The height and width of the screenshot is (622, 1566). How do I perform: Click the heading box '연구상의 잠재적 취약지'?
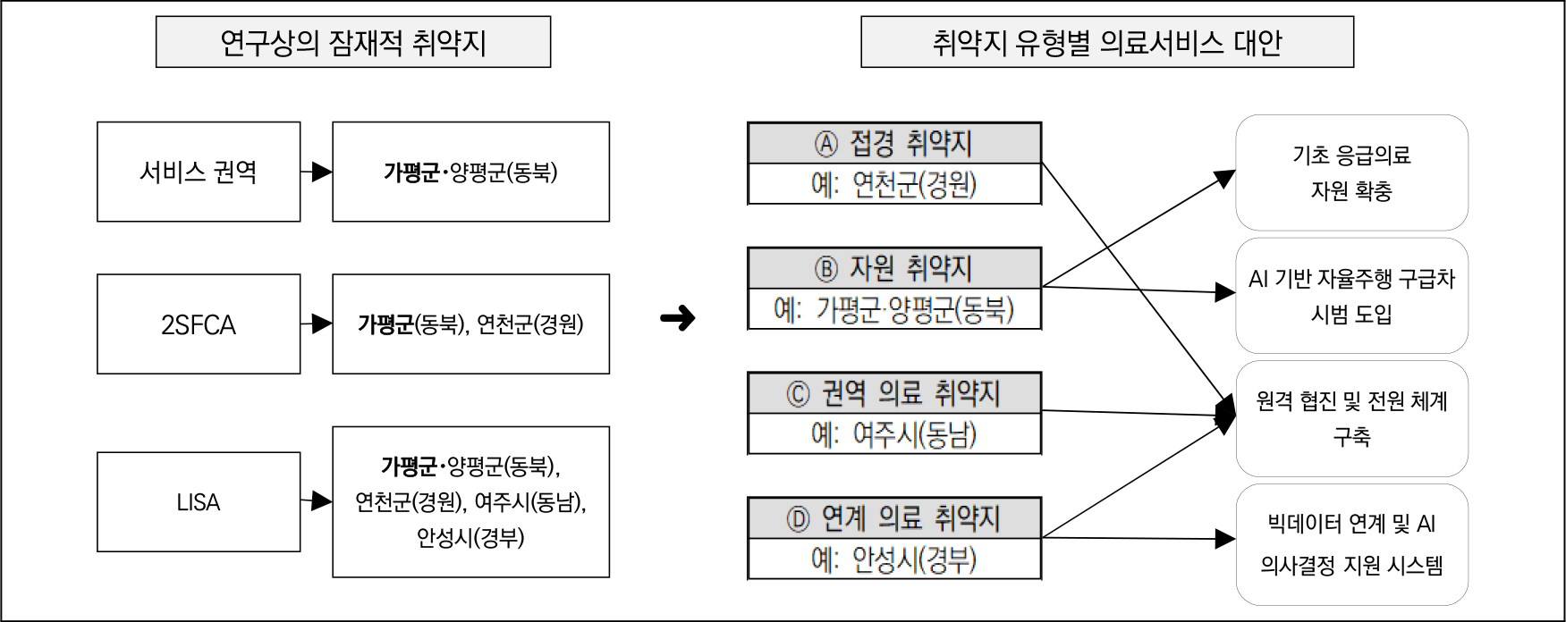pyautogui.click(x=352, y=42)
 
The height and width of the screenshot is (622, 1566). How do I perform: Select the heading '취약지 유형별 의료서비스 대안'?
pyautogui.click(x=1106, y=42)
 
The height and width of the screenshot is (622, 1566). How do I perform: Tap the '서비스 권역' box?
pyautogui.click(x=198, y=172)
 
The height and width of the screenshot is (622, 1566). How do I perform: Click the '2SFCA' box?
pyautogui.click(x=198, y=324)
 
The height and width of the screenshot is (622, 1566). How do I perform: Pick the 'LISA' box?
pyautogui.click(x=198, y=501)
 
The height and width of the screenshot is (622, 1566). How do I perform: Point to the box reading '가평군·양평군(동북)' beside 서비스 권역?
pyautogui.click(x=470, y=172)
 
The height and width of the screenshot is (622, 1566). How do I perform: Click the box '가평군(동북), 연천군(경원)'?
pyautogui.click(x=470, y=324)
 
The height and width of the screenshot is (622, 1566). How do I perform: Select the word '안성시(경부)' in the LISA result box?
pyautogui.click(x=470, y=538)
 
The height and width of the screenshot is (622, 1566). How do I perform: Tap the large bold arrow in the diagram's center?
pyautogui.click(x=677, y=318)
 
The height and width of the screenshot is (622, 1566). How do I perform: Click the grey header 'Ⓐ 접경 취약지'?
pyautogui.click(x=893, y=143)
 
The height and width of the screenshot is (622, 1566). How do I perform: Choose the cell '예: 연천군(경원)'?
pyautogui.click(x=893, y=185)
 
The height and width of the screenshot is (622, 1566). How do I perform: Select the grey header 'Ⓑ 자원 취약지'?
pyautogui.click(x=893, y=268)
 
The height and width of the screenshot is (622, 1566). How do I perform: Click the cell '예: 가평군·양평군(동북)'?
pyautogui.click(x=893, y=310)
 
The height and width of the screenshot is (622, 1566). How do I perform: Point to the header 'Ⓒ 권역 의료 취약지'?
pyautogui.click(x=893, y=393)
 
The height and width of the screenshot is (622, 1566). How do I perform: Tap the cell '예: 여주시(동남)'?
pyautogui.click(x=893, y=435)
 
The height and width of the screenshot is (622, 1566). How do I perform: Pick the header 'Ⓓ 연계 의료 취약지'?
pyautogui.click(x=893, y=518)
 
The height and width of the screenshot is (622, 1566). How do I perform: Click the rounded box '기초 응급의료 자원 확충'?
pyautogui.click(x=1350, y=172)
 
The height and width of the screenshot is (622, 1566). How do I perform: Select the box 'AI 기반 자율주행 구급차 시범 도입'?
pyautogui.click(x=1350, y=296)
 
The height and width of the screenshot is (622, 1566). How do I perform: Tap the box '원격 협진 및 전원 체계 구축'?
pyautogui.click(x=1350, y=418)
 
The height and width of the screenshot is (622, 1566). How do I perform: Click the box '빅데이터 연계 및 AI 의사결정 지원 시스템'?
pyautogui.click(x=1350, y=544)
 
